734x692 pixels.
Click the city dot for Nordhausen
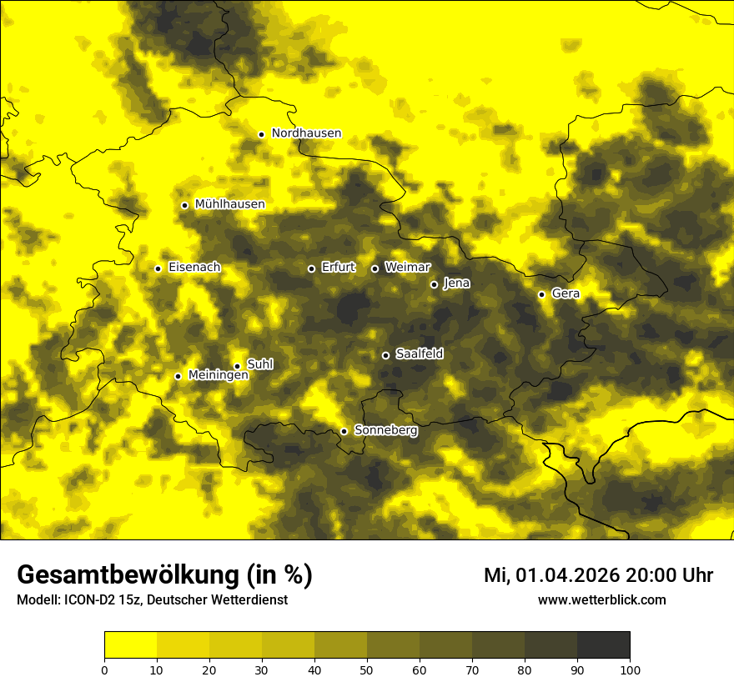(x=261, y=134)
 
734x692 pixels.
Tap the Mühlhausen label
(x=229, y=204)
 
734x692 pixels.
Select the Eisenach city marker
(x=158, y=268)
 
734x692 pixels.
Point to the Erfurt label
(x=338, y=268)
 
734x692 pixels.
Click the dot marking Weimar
(x=375, y=268)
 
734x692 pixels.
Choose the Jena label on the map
(x=456, y=283)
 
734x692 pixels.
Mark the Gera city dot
(x=541, y=294)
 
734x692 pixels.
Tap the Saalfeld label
(x=419, y=354)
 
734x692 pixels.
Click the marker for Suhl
(x=237, y=366)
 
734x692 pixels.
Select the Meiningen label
(x=218, y=376)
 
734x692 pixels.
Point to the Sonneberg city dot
(x=344, y=432)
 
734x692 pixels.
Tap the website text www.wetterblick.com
(x=601, y=600)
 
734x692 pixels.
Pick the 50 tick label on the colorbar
(x=367, y=669)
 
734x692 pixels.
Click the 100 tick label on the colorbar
(x=630, y=669)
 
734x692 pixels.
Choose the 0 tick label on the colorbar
(x=104, y=669)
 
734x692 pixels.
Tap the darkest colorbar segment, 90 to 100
(x=603, y=645)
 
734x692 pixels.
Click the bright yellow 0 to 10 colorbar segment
(x=130, y=645)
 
